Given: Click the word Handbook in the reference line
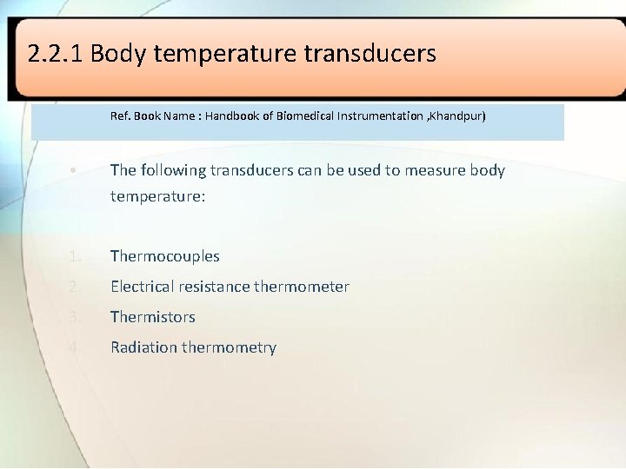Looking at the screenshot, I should pos(235,116).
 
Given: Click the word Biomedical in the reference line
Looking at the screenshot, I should pos(303,116).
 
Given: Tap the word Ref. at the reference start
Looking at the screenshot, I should pos(121,116).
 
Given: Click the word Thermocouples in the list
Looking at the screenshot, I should pos(165,256).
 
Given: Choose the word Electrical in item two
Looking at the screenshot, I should pos(142,287).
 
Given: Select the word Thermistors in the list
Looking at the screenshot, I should pos(153,317).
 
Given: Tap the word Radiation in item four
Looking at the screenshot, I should pos(143,347).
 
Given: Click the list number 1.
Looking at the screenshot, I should pos(76,256).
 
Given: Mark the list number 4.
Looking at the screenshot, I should pos(76,347).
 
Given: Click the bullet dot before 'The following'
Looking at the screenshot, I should pos(76,170).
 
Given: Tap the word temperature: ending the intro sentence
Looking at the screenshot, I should pos(157,196).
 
